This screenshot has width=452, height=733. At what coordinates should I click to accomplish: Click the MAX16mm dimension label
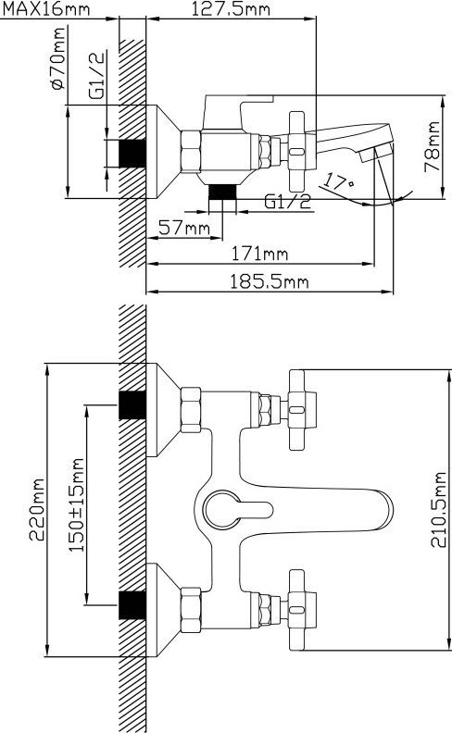tap(46, 8)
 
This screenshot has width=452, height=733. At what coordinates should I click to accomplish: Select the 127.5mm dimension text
tap(232, 8)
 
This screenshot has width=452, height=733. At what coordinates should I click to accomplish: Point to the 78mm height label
tap(432, 147)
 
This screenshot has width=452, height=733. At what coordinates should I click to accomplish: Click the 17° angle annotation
tap(339, 180)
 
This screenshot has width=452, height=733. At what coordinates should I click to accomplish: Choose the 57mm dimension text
tap(184, 228)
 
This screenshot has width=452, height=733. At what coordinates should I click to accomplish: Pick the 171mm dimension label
tap(260, 254)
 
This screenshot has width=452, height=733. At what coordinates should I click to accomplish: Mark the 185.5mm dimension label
tap(269, 282)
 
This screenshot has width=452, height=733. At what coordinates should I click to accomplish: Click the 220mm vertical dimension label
tap(36, 510)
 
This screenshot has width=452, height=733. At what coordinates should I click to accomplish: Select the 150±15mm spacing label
tap(77, 505)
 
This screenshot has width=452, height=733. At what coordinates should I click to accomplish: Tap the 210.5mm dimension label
tap(439, 510)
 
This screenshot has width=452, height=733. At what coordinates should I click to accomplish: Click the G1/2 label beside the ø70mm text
tap(96, 75)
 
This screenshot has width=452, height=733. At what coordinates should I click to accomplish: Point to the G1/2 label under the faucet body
tap(287, 202)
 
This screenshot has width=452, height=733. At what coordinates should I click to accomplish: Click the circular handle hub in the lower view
tap(223, 510)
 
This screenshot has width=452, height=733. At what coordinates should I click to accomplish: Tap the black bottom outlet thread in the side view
tap(222, 193)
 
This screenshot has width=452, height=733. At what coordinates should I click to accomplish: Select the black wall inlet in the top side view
tap(132, 153)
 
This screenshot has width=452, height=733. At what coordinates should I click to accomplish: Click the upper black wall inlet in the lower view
tap(132, 404)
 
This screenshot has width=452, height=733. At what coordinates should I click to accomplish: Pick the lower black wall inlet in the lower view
tap(132, 605)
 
